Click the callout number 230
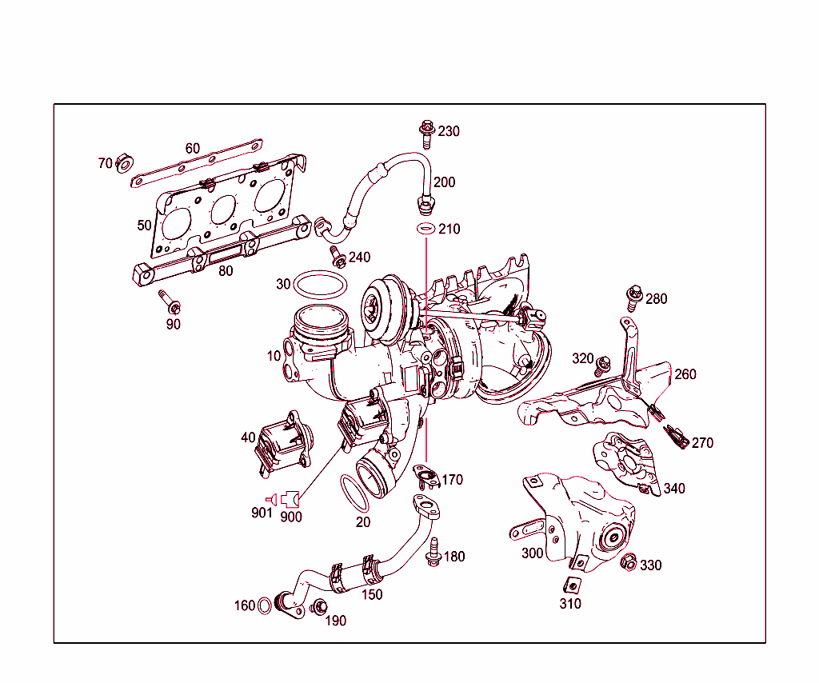click(449, 131)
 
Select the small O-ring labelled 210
click(425, 230)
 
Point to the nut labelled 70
click(124, 164)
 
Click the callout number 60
click(193, 149)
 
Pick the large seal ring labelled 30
click(321, 286)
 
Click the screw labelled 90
click(170, 303)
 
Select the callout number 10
click(274, 355)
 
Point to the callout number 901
click(262, 513)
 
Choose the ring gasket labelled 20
click(354, 493)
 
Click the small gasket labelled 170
click(427, 478)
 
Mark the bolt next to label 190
click(318, 609)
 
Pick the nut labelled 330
click(629, 563)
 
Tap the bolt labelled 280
click(634, 295)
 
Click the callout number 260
click(685, 374)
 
